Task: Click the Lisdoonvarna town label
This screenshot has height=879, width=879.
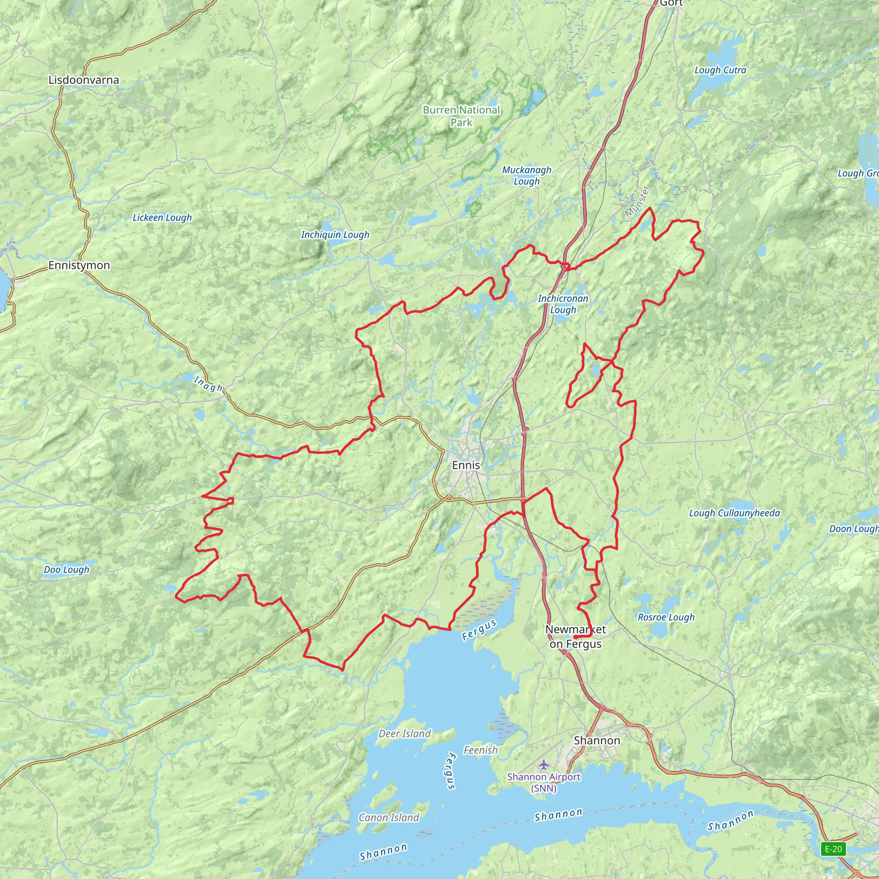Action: point(84,80)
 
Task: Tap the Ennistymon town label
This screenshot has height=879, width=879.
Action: point(79,265)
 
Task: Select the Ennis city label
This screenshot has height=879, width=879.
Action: point(466,465)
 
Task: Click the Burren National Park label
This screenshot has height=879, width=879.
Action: point(461,116)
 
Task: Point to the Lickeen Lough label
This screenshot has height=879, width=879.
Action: point(162,218)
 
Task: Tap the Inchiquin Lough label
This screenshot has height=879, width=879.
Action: point(335,235)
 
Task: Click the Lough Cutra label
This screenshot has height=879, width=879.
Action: point(720,70)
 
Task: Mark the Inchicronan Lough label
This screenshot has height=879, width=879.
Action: point(563,304)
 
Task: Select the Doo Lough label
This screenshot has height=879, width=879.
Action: point(67,570)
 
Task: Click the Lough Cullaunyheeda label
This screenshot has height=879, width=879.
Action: point(734,513)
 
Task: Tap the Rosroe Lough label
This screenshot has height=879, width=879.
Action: point(666,617)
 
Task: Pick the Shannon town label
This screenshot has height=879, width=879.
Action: point(597,740)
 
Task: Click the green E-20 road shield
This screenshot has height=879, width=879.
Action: point(833,849)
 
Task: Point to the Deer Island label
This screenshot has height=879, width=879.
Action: point(404,734)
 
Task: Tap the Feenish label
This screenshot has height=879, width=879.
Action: point(480,750)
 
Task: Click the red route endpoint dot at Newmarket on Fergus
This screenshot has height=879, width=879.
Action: point(575,637)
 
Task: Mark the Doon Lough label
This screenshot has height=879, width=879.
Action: point(853,529)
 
